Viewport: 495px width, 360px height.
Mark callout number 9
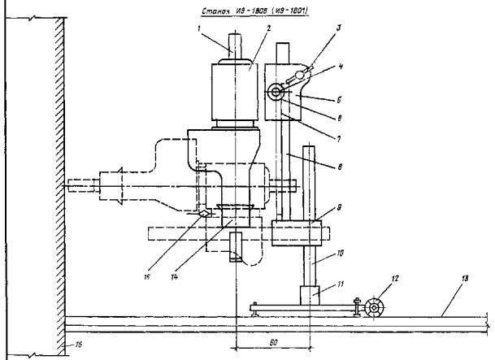[x=338, y=210]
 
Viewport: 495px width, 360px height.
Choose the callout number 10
[x=339, y=254]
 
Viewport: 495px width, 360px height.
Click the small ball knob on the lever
[x=300, y=75]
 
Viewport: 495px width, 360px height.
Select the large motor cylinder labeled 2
[x=233, y=93]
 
